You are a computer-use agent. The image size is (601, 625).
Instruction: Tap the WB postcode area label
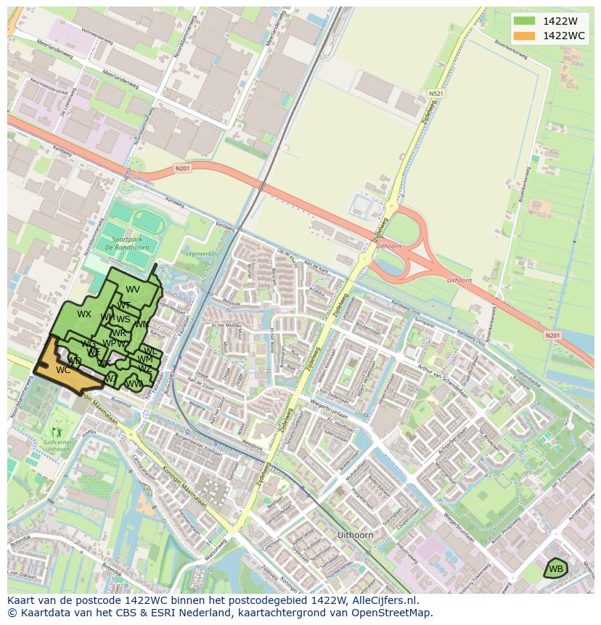[x=555, y=568]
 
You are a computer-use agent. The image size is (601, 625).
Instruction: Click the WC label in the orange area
[x=63, y=370]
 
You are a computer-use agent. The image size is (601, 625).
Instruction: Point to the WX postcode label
[x=84, y=314]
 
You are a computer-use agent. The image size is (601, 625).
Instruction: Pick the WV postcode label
[x=133, y=290]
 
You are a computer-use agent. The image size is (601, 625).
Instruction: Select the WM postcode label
[x=145, y=359]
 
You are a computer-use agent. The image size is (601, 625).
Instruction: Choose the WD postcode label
[x=74, y=361]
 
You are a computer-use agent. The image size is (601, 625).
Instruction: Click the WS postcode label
[x=123, y=319]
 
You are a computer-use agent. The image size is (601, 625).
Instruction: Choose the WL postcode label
[x=150, y=351]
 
